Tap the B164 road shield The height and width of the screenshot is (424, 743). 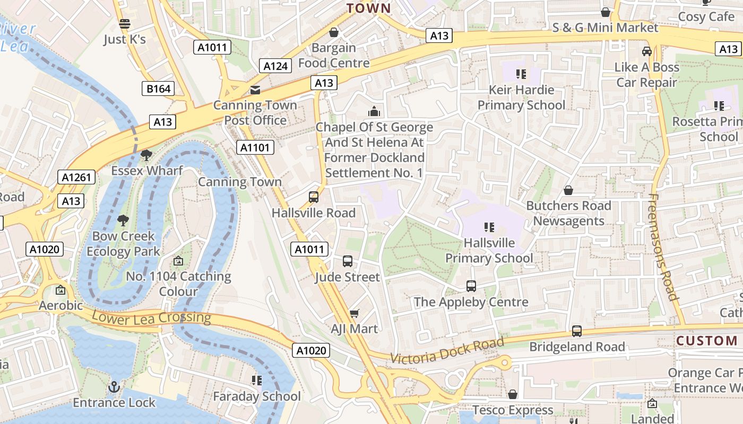click(x=158, y=89)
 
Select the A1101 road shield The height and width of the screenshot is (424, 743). click(x=255, y=147)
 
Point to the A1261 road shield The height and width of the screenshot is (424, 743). click(x=76, y=177)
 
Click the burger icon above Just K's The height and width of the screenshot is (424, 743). click(x=125, y=24)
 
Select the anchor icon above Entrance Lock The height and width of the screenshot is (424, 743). click(x=114, y=387)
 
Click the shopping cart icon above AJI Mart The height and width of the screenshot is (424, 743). click(x=355, y=313)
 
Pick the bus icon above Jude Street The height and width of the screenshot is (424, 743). click(x=348, y=261)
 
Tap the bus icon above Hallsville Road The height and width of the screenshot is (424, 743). click(x=314, y=197)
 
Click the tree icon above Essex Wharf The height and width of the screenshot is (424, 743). click(x=146, y=155)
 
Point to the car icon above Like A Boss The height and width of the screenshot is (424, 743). click(x=646, y=51)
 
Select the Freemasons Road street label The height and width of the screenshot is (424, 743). click(x=663, y=247)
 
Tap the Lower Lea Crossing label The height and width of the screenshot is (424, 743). click(x=151, y=318)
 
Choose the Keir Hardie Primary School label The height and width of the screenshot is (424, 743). click(x=521, y=98)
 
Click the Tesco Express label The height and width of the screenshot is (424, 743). click(x=513, y=410)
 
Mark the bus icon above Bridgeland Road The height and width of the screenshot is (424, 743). click(x=577, y=331)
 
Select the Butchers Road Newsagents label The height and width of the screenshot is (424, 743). click(x=568, y=213)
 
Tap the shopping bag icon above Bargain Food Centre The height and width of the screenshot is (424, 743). click(x=334, y=33)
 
